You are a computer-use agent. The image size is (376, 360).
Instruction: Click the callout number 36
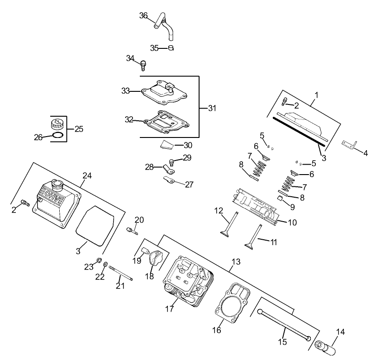[143, 15]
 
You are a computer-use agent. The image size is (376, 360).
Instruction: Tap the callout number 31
[212, 108]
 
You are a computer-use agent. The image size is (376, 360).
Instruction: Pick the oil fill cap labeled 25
[57, 123]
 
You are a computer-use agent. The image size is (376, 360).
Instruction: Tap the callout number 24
[87, 175]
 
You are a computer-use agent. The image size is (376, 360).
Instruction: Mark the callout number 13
[236, 262]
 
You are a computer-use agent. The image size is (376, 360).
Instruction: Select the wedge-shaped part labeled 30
[167, 145]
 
